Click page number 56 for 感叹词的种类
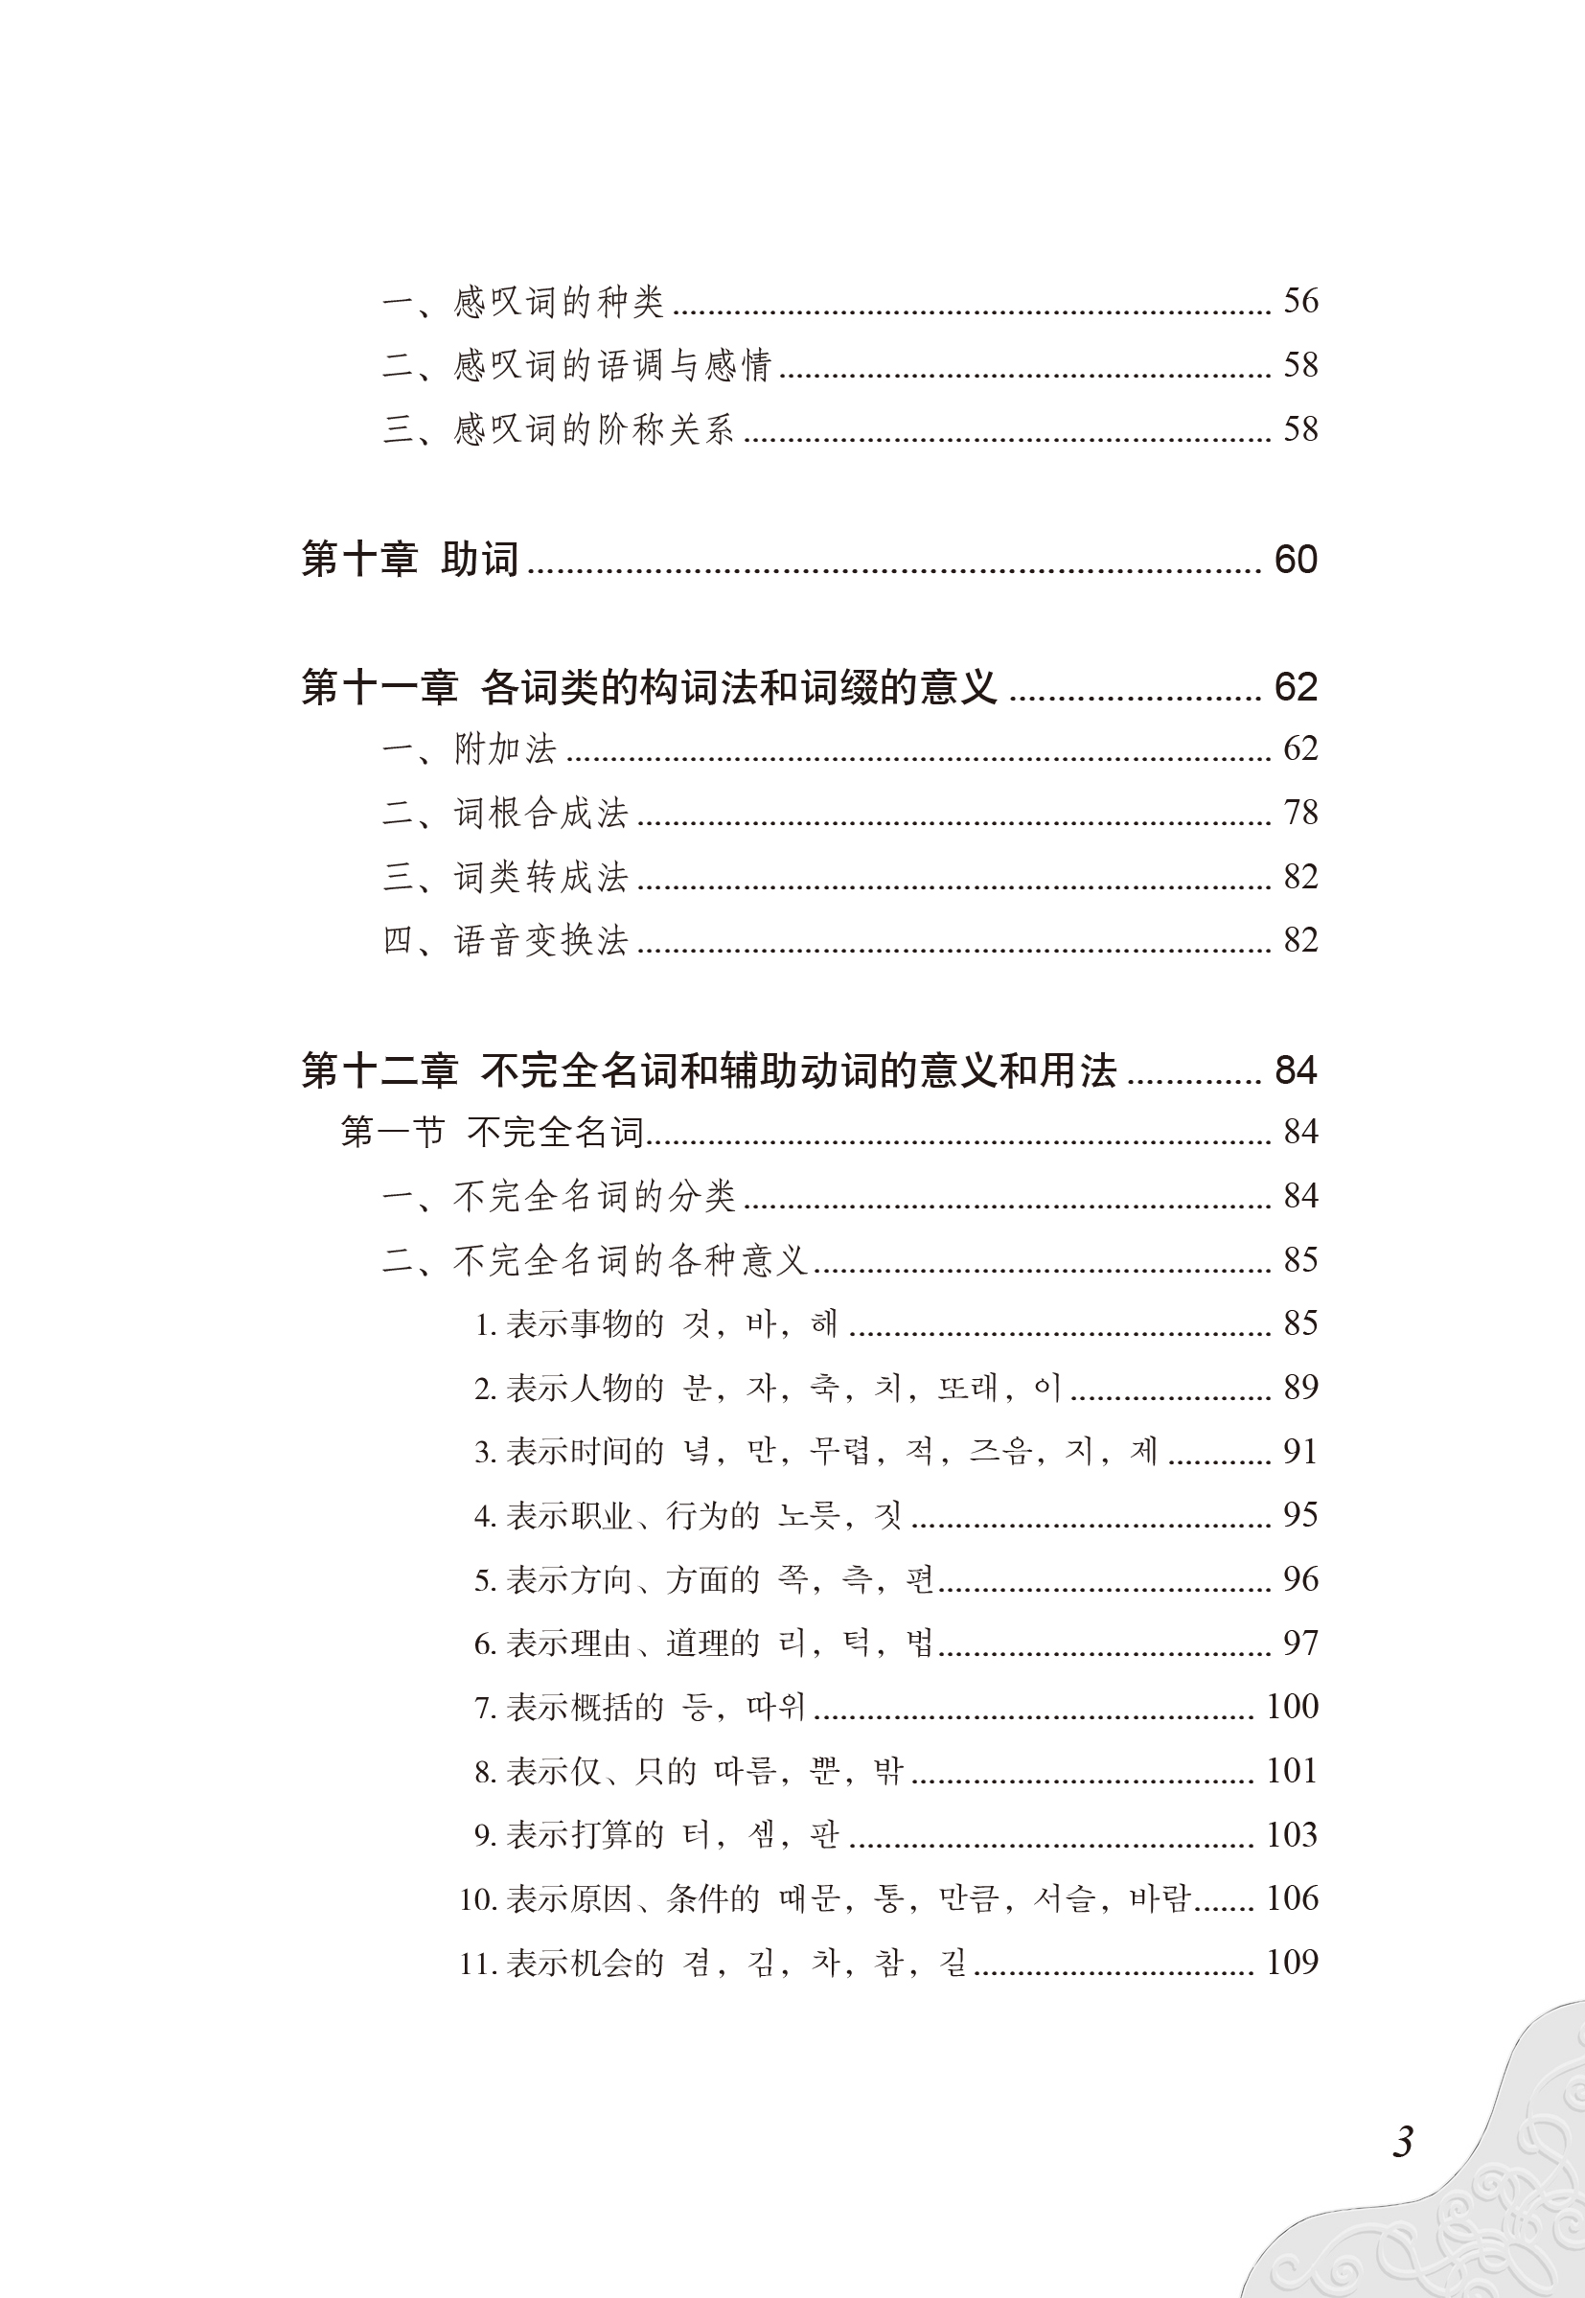coord(1300,300)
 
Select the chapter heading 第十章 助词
coord(409,559)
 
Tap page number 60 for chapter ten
coord(1296,559)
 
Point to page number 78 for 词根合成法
coord(1300,813)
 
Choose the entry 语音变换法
coord(540,940)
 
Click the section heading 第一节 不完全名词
coord(492,1131)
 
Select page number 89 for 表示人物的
coord(1300,1387)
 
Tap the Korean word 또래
coord(966,1387)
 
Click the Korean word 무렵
coord(839,1451)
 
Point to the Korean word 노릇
coord(808,1514)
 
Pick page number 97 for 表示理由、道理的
coord(1300,1643)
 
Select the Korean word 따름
coord(744,1771)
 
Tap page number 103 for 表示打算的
coord(1291,1834)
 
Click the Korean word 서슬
coord(1063,1897)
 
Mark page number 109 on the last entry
coord(1291,1962)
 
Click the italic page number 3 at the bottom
coord(1402,2142)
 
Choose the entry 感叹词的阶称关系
coord(593,429)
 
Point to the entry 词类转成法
coord(540,877)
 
